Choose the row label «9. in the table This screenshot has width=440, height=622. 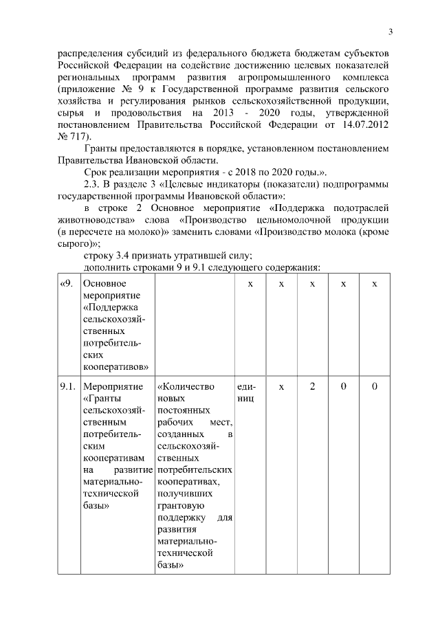click(67, 284)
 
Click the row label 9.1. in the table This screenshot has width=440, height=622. click(67, 386)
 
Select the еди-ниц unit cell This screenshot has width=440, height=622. click(245, 392)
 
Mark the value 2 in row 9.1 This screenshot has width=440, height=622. click(312, 386)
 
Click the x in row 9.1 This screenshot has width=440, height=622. click(281, 386)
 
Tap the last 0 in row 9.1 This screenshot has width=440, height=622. click(375, 386)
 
